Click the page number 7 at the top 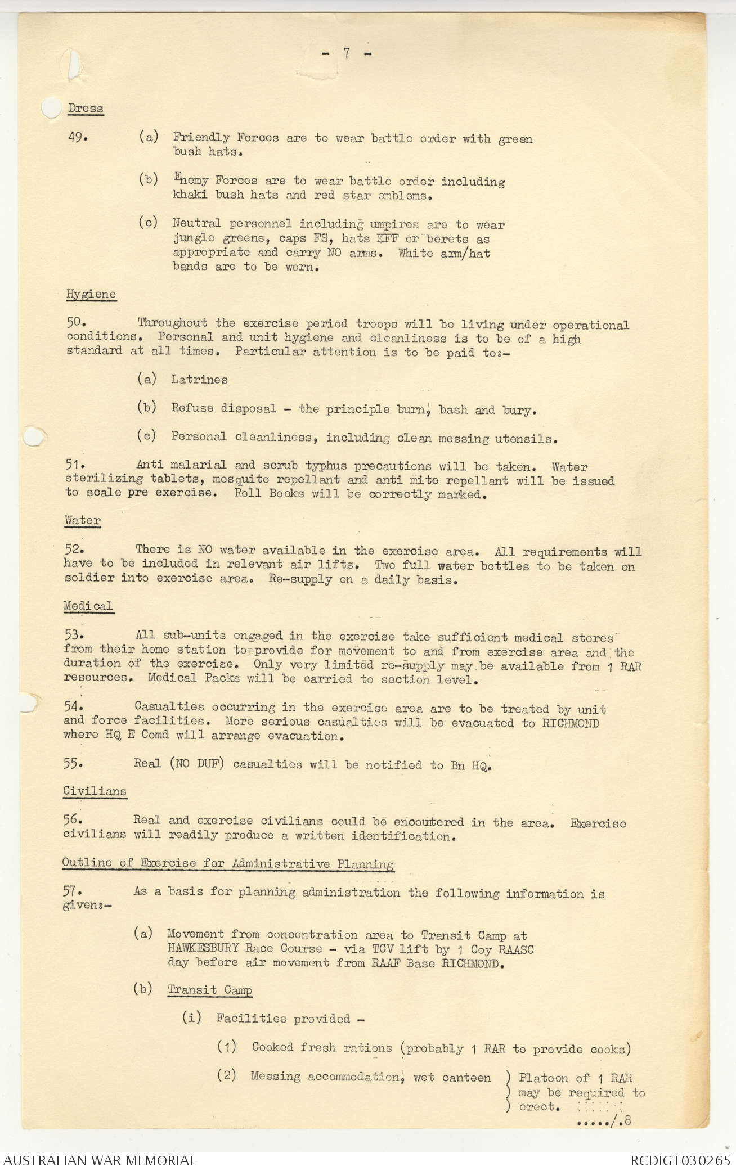[x=347, y=53]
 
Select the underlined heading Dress [x=86, y=108]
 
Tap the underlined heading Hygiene [x=91, y=294]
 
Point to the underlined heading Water [x=82, y=520]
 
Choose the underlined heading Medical [x=88, y=606]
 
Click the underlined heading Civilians [x=95, y=791]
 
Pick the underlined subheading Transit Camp [x=210, y=990]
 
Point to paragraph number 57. [x=73, y=891]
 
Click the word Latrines [x=200, y=380]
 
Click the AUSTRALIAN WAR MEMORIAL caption [x=100, y=1160]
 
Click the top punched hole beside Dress [x=51, y=108]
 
